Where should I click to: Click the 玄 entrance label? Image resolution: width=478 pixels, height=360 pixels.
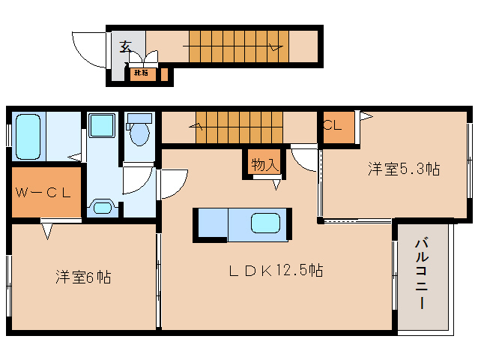pyautogui.click(x=125, y=46)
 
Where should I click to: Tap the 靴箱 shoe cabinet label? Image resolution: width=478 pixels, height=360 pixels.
pyautogui.click(x=140, y=73)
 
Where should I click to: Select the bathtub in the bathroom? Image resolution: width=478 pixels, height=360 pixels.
pyautogui.click(x=28, y=136)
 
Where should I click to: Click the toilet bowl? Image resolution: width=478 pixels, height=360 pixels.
pyautogui.click(x=139, y=133)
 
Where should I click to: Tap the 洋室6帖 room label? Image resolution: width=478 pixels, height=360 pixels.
pyautogui.click(x=82, y=277)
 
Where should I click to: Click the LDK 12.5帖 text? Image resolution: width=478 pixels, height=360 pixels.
pyautogui.click(x=275, y=271)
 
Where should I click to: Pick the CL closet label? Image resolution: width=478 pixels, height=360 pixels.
pyautogui.click(x=333, y=126)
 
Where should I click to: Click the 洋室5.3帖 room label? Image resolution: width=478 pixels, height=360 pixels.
pyautogui.click(x=402, y=169)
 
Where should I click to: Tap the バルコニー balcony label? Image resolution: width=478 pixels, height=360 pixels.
pyautogui.click(x=421, y=273)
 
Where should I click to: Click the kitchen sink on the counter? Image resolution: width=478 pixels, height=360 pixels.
pyautogui.click(x=266, y=224)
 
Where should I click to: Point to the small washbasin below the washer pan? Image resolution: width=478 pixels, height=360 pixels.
pyautogui.click(x=101, y=205)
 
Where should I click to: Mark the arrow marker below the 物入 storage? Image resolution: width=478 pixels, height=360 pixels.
pyautogui.click(x=276, y=184)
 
